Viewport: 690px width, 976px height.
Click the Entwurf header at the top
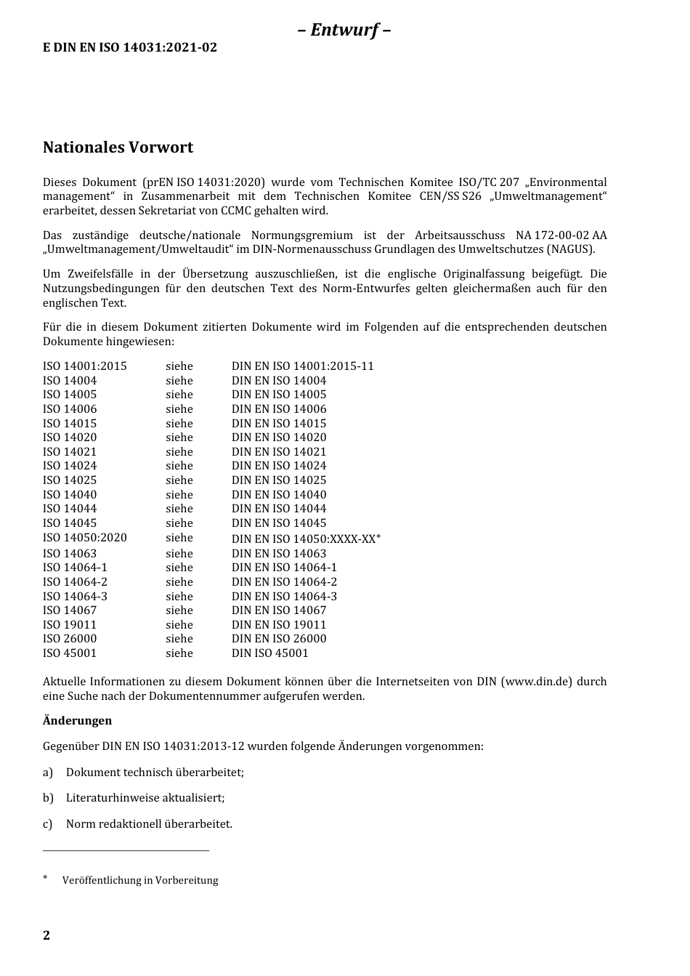pyautogui.click(x=344, y=30)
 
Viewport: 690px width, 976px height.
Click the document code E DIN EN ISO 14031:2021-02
pyautogui.click(x=130, y=48)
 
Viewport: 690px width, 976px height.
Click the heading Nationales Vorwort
pyautogui.click(x=118, y=148)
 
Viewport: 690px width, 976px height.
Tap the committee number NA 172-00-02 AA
pyautogui.click(x=561, y=235)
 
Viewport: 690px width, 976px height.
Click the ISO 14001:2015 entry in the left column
pyautogui.click(x=85, y=366)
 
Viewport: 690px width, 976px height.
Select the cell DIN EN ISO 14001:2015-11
pyautogui.click(x=302, y=366)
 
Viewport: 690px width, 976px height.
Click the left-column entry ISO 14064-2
pyautogui.click(x=75, y=582)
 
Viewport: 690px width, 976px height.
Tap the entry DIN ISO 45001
pyautogui.click(x=269, y=653)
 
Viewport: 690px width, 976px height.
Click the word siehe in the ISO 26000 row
pyautogui.click(x=179, y=639)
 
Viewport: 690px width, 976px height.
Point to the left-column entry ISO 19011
pyautogui.click(x=70, y=625)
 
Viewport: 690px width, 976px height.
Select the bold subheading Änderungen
pyautogui.click(x=77, y=721)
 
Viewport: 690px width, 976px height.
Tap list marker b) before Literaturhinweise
pyautogui.click(x=48, y=798)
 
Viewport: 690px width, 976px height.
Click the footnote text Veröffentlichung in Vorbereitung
pyautogui.click(x=140, y=881)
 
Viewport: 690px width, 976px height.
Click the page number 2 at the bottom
pyautogui.click(x=46, y=935)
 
